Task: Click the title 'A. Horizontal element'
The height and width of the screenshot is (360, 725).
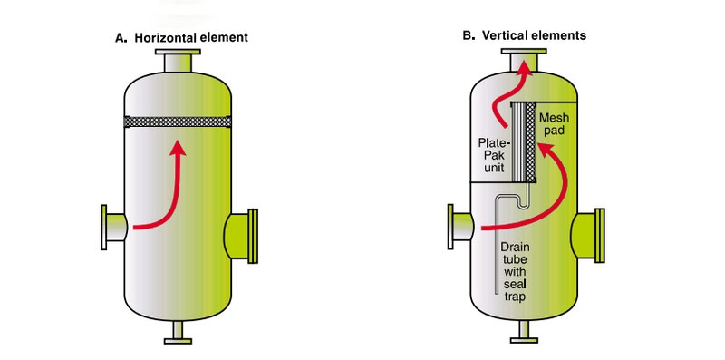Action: [182, 37]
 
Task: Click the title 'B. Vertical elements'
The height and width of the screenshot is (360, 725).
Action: [525, 35]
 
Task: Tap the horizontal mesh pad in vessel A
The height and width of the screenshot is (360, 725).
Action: [178, 122]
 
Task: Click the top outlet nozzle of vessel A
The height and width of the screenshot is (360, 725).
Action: [178, 60]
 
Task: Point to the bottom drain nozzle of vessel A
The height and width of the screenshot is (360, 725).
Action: [178, 333]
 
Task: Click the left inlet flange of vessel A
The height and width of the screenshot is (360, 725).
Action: [104, 228]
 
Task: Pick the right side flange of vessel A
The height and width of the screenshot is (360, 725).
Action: [253, 236]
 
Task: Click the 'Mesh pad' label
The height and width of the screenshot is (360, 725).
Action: [554, 124]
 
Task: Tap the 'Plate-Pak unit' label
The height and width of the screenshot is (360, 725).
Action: [494, 154]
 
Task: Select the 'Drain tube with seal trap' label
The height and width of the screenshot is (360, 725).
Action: [515, 272]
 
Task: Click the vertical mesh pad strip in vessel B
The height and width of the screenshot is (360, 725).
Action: [530, 142]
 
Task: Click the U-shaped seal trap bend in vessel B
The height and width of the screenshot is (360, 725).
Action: [522, 207]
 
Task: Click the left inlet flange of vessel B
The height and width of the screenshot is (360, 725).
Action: [450, 227]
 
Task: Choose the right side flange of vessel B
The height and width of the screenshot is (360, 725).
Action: [599, 236]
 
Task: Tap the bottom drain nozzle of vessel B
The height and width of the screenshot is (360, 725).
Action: [524, 333]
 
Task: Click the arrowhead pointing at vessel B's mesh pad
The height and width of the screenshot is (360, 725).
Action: [545, 151]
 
